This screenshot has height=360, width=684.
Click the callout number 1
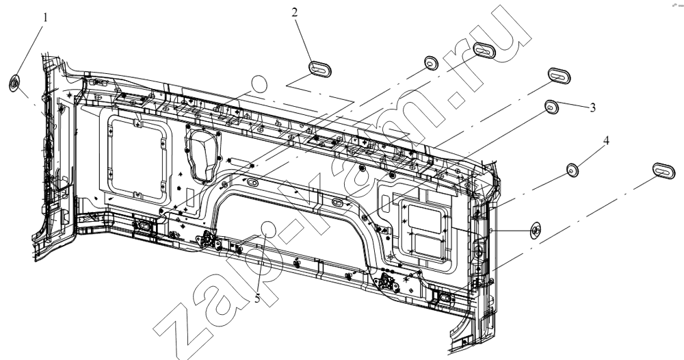point(45,18)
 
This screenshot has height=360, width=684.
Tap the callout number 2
point(294,12)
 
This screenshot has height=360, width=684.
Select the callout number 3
point(592,107)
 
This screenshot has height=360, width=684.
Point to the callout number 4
point(606,140)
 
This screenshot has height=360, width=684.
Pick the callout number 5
point(257,298)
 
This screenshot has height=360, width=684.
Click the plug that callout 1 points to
point(15,83)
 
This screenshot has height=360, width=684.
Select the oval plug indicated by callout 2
point(320,68)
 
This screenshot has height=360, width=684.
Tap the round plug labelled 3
point(552,107)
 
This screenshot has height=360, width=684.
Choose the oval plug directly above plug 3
point(559,75)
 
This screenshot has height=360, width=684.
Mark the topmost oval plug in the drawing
point(484,50)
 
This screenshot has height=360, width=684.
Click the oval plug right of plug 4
point(663,170)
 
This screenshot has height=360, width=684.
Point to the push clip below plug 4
point(536,229)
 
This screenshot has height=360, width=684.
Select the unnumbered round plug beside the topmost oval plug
point(431,63)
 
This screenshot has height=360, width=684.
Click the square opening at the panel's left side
point(136,157)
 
